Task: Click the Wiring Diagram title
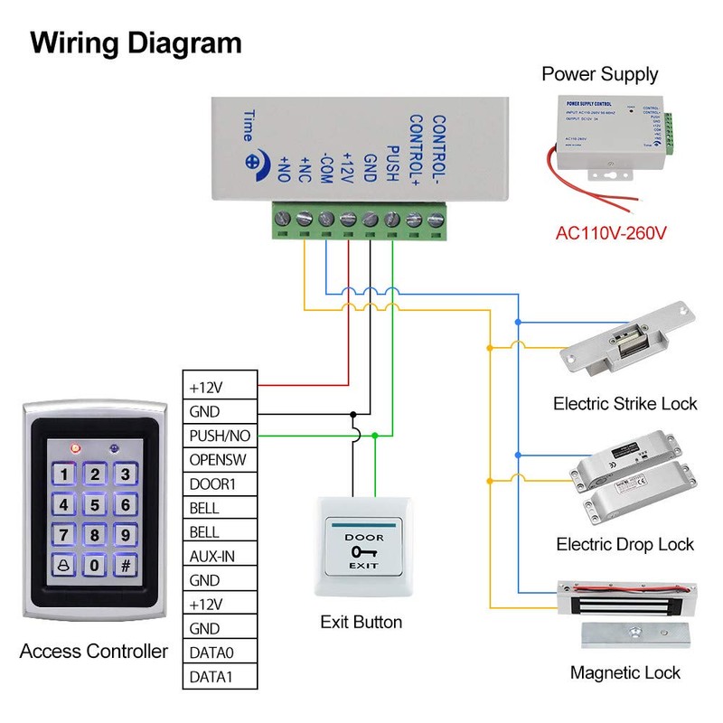(136, 42)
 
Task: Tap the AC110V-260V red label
(611, 233)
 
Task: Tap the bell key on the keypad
(62, 566)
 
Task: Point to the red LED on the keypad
(75, 447)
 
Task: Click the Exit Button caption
(361, 622)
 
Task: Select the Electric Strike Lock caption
(625, 403)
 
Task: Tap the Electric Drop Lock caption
(625, 544)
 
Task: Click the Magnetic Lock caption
(625, 673)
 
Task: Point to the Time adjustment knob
(253, 163)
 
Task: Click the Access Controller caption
(94, 651)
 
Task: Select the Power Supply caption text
(600, 74)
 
